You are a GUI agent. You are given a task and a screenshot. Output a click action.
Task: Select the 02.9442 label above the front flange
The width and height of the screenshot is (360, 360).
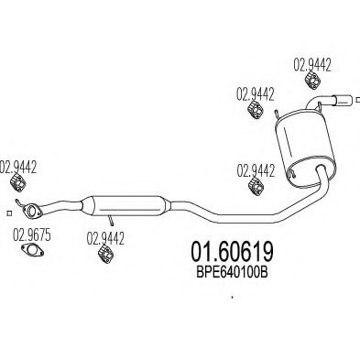point(19,167)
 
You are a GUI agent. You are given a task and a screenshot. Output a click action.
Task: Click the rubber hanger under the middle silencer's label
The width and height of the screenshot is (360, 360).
point(106,258)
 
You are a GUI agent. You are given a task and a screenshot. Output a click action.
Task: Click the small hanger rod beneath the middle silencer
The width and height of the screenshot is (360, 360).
point(110,220)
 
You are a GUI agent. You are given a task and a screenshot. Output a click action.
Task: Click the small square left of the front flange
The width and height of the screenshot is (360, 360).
point(7,213)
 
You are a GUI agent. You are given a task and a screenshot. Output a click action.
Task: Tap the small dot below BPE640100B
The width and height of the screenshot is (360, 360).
point(233,297)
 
